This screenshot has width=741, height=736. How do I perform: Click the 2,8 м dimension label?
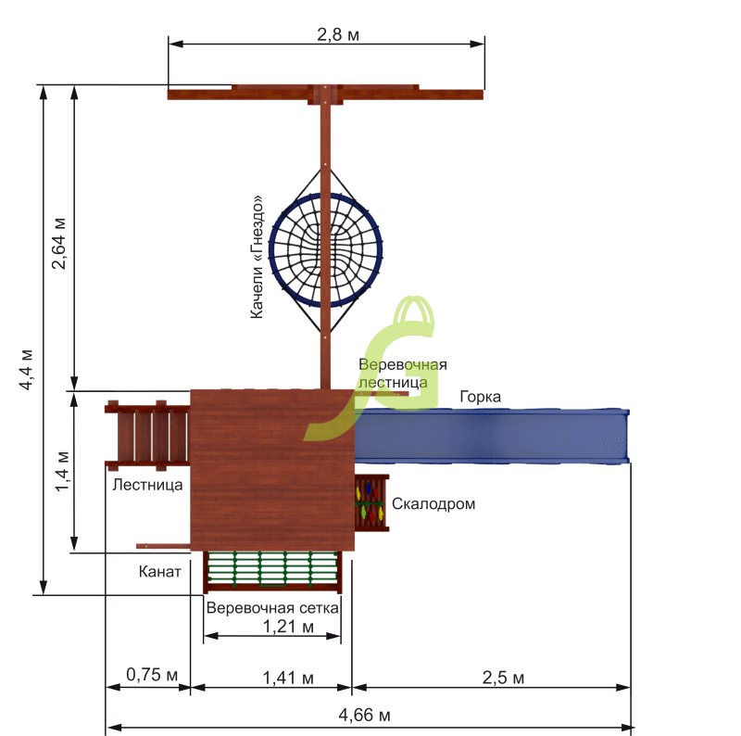338,34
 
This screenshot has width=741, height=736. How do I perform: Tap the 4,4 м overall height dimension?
26,370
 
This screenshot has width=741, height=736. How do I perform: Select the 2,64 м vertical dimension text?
58,244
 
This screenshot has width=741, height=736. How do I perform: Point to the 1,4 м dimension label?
61,472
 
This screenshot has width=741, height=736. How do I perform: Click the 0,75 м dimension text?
152,675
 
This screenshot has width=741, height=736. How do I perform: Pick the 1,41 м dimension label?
288,678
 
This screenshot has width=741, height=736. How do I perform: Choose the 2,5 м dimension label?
503,678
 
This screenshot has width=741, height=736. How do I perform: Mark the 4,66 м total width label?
364,715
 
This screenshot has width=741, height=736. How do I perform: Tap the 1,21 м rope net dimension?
288,627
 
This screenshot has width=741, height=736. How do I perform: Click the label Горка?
480,397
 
